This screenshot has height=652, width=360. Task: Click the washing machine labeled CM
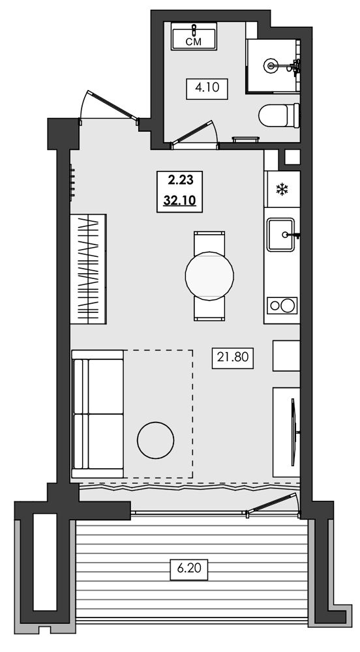click(x=194, y=36)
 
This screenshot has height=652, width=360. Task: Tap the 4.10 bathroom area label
click(x=207, y=88)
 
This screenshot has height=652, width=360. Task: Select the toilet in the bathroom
click(x=279, y=115)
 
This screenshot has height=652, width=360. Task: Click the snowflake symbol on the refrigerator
click(x=282, y=190)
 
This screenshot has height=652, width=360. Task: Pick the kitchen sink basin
click(x=280, y=235)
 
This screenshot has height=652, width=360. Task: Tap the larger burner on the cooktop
click(x=287, y=306)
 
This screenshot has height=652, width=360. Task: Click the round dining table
click(x=209, y=275)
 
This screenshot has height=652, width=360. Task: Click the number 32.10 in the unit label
click(x=179, y=201)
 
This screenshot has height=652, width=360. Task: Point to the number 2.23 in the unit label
click(x=181, y=180)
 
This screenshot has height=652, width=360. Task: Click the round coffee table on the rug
click(x=155, y=440)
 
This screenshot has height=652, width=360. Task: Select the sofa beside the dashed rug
click(x=97, y=414)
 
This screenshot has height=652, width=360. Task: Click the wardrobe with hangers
click(x=88, y=269)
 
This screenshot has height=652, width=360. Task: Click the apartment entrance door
click(x=110, y=107)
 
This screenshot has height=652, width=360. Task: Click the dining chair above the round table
click(x=209, y=243)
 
